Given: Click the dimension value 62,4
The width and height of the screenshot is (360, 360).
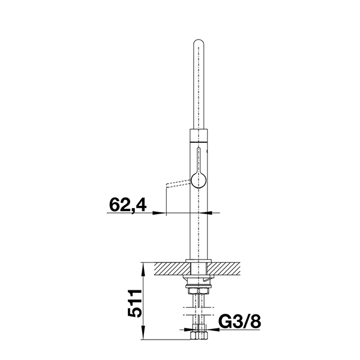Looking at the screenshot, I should point(128,205).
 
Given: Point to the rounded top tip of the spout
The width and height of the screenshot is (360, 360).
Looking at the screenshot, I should point(199,43).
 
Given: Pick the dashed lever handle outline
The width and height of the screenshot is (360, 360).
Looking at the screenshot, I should point(177,182).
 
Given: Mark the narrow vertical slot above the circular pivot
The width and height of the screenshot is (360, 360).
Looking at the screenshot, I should point(199,159).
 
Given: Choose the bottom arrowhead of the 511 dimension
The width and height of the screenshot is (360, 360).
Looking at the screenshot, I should point(144,339).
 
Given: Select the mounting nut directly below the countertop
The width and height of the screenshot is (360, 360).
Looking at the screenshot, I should point(199,288).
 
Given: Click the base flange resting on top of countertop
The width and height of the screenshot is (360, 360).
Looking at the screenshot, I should point(199,260).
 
